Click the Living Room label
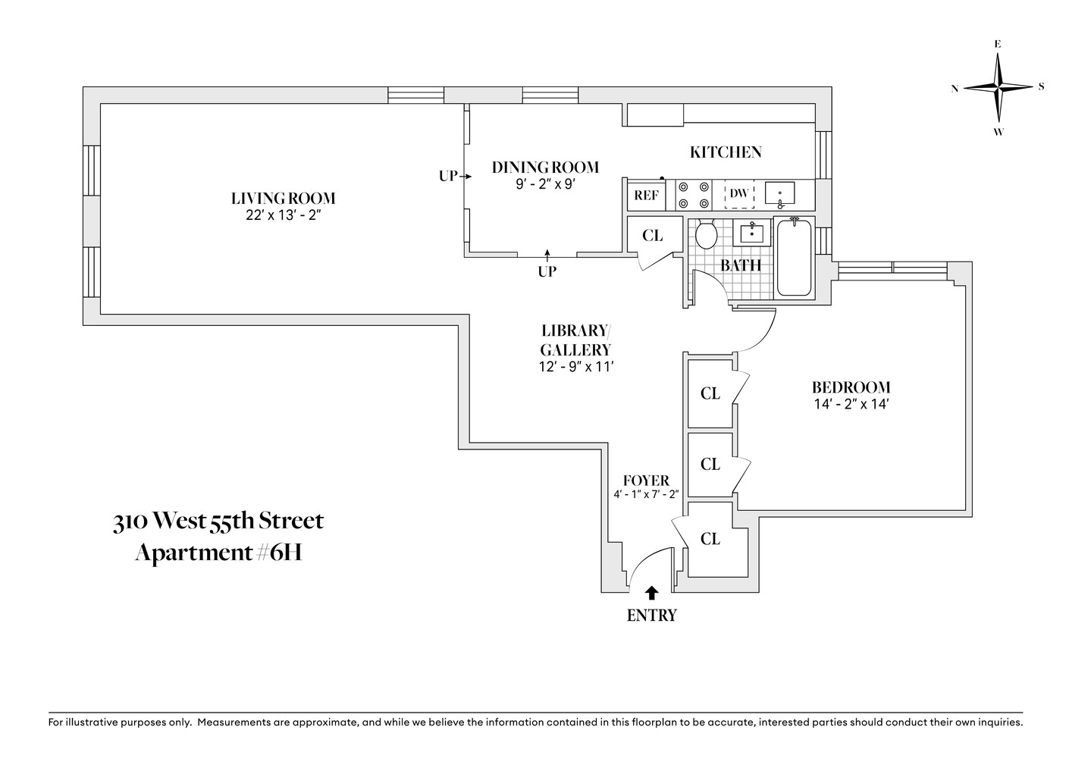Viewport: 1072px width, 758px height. coord(283,199)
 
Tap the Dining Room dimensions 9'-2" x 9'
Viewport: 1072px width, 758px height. coord(545,183)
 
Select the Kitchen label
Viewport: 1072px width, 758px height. coord(725,152)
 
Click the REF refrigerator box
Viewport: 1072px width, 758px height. coord(646,195)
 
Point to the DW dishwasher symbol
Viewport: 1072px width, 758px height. coord(738,194)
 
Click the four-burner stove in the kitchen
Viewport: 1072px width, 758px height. coord(694,195)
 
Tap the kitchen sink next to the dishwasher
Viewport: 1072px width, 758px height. coord(779,194)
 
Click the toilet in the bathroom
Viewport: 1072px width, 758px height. coord(707,234)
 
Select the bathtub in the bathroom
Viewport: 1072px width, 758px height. coord(794,258)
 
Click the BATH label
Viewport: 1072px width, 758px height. coord(740,265)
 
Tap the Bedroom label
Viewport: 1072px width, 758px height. coord(851,387)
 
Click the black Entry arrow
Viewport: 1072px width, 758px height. coord(651,593)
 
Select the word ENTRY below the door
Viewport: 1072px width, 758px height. coord(651,615)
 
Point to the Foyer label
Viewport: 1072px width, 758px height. coord(646,481)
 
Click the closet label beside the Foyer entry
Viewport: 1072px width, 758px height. coord(710,539)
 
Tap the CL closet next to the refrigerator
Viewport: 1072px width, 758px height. coord(652,236)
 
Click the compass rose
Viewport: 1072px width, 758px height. coord(998,87)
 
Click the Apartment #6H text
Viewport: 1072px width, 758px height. coord(218,553)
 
